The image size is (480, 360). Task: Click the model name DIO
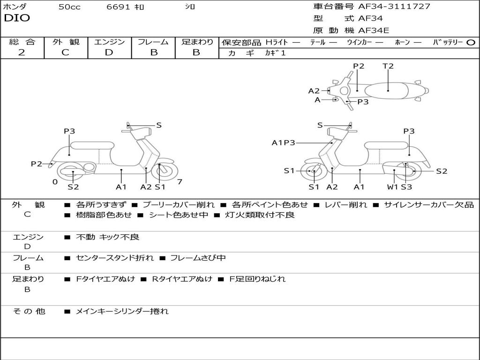click(x=17, y=18)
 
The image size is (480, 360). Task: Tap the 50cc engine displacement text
click(x=69, y=7)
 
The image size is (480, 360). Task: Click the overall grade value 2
click(x=22, y=52)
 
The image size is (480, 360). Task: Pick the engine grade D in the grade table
click(x=109, y=52)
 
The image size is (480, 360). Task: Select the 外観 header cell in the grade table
click(x=66, y=42)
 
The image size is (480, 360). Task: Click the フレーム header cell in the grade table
click(x=153, y=42)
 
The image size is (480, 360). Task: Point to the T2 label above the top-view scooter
click(x=388, y=66)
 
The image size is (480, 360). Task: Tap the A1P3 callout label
click(x=283, y=143)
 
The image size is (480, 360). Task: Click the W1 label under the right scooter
click(x=392, y=187)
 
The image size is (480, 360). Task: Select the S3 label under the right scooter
click(x=406, y=187)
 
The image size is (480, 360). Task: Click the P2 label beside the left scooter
click(x=37, y=164)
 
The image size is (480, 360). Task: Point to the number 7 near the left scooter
click(x=180, y=182)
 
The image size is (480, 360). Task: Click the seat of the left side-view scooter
click(x=92, y=145)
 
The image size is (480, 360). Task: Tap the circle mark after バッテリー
click(x=471, y=42)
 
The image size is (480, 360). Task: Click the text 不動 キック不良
click(x=107, y=237)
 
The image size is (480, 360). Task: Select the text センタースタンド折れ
click(x=114, y=258)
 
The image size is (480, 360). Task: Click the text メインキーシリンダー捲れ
click(x=122, y=311)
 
